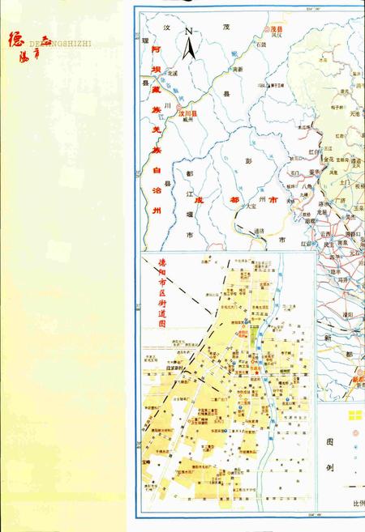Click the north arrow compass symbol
tap(189, 47)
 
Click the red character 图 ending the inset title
tap(161, 322)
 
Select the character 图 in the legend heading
tap(330, 444)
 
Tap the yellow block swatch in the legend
tap(354, 416)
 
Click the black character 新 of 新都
tap(328, 338)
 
